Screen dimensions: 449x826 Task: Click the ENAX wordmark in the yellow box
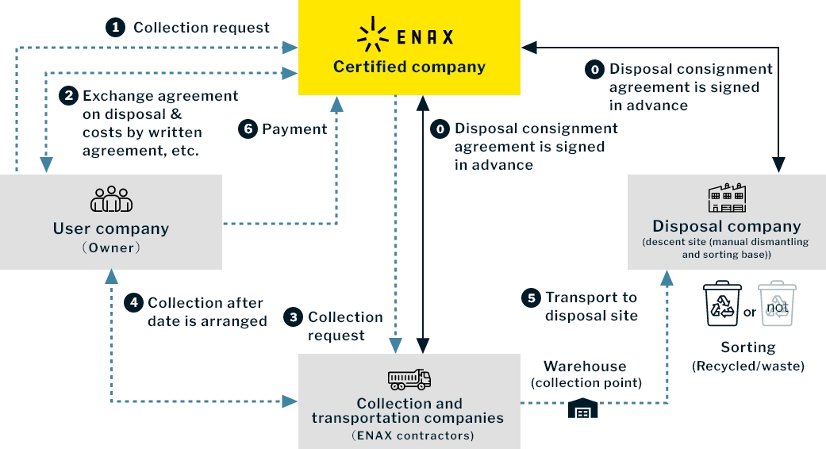pos(425,36)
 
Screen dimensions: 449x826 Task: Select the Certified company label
pos(409,67)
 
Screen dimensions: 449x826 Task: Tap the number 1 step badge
pos(116,28)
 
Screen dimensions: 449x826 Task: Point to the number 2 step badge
pos(69,95)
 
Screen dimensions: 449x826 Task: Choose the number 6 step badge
pos(248,128)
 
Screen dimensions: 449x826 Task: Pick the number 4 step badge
pos(134,302)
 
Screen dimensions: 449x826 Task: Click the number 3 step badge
pos(294,317)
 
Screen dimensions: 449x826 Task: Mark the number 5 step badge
pos(532,298)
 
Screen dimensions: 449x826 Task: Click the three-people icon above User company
pos(111,198)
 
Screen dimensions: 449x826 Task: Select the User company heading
pos(111,228)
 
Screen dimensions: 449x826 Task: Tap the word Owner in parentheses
pos(111,248)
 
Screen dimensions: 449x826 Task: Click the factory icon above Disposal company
pos(727,198)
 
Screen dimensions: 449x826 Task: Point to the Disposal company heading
pos(727,226)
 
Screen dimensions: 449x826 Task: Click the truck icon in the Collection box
pos(409,379)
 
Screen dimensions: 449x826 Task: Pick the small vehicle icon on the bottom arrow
pos(583,408)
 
